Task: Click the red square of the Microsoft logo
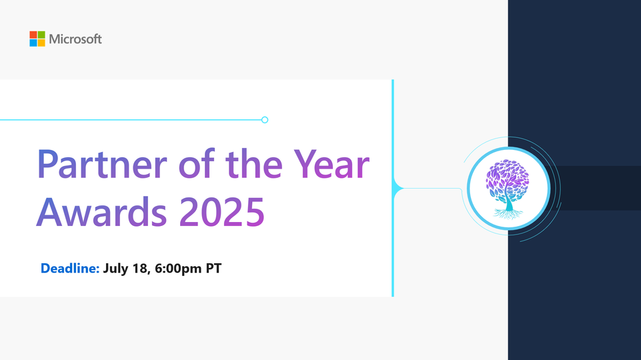click(33, 35)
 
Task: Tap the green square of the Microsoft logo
click(41, 35)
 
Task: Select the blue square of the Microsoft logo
click(33, 43)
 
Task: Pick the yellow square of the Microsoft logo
click(41, 43)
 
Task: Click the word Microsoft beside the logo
click(75, 39)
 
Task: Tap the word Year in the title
click(332, 164)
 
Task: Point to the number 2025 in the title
click(222, 212)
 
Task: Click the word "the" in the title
click(253, 163)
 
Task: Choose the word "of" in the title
click(196, 163)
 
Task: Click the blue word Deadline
click(70, 268)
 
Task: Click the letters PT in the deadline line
click(213, 268)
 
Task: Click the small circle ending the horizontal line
click(265, 120)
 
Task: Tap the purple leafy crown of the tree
click(508, 178)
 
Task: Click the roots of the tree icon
click(508, 214)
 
